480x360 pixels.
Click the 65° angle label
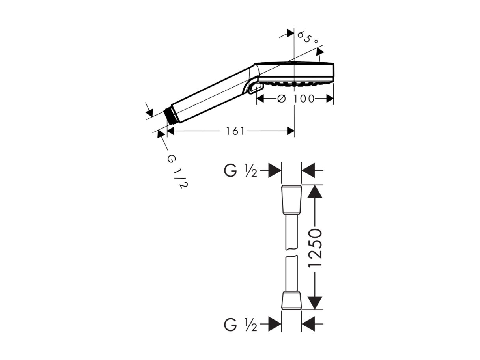click(307, 38)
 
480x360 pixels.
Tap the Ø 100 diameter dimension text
click(296, 99)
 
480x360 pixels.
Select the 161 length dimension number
click(235, 131)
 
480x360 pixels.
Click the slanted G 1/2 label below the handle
click(177, 172)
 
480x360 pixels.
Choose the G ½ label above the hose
click(240, 170)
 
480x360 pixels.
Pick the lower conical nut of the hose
click(291, 300)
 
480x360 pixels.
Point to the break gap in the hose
click(292, 253)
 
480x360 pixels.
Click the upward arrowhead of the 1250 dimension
click(315, 192)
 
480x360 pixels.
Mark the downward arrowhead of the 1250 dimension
click(315, 303)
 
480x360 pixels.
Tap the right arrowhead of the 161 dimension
click(291, 131)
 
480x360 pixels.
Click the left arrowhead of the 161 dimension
click(171, 131)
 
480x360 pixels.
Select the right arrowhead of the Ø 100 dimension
click(330, 99)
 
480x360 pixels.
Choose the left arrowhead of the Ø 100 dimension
click(260, 99)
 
